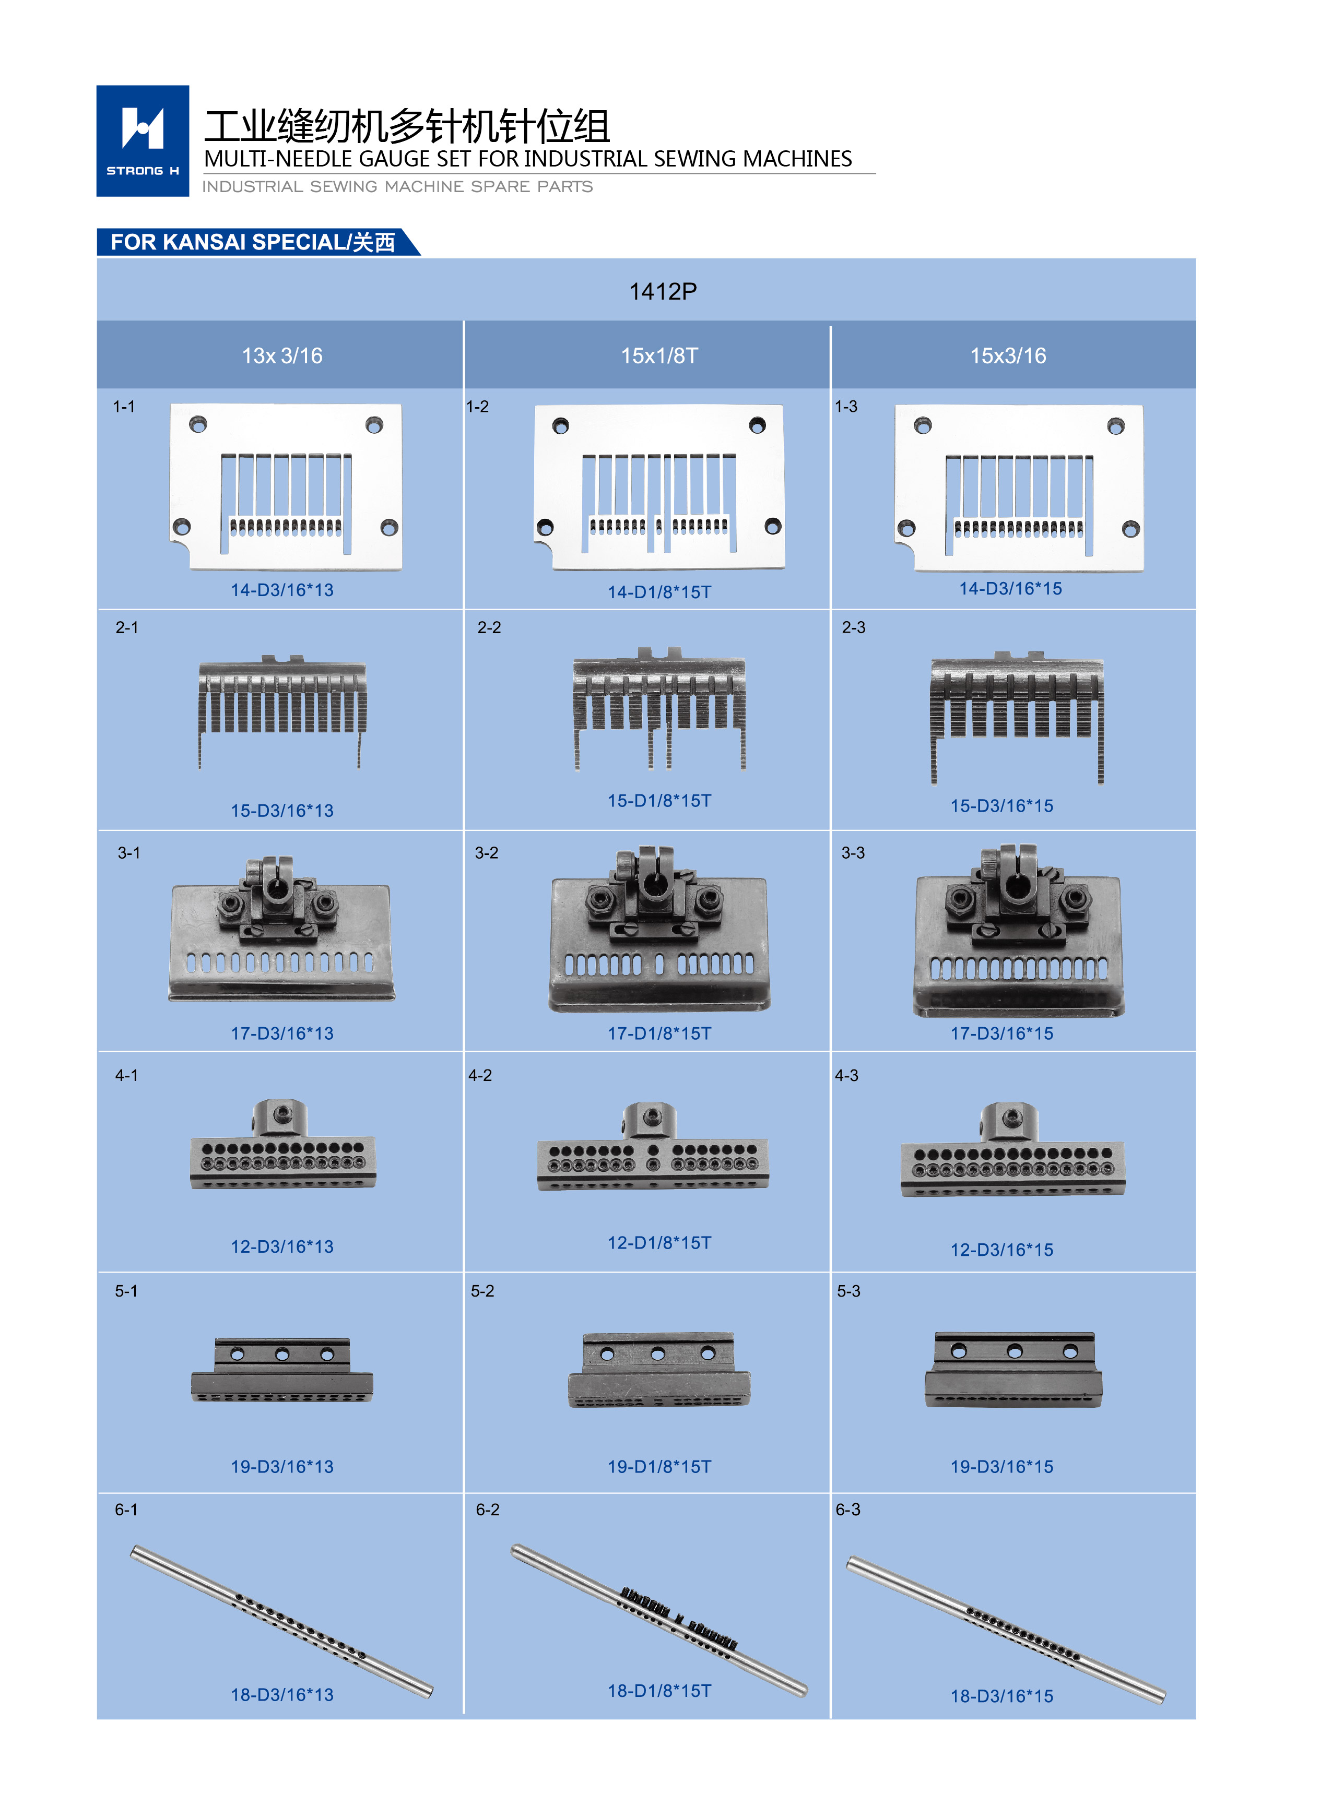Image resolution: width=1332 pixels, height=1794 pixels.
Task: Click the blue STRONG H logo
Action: [x=143, y=141]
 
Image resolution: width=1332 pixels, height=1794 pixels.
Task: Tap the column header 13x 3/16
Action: [x=282, y=355]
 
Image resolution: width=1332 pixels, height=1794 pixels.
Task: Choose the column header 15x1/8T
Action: [x=659, y=355]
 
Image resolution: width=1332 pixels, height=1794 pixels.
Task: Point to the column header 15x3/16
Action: [x=1008, y=355]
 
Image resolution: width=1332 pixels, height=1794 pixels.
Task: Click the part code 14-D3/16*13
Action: [x=282, y=590]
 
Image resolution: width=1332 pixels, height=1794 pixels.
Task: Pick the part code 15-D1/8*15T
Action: [x=659, y=800]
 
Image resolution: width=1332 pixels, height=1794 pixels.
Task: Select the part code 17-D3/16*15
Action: [x=1001, y=1033]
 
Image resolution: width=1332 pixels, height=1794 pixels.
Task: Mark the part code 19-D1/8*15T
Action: [x=659, y=1467]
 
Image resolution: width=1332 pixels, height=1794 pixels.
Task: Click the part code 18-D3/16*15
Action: [x=1001, y=1696]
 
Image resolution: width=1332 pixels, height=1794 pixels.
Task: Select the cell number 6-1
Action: [x=126, y=1510]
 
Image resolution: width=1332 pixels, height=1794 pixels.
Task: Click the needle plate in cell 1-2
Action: [x=659, y=487]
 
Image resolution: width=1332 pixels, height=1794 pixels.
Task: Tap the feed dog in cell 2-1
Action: [x=282, y=709]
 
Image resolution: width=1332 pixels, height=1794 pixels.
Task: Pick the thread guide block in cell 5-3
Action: [x=1013, y=1369]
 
